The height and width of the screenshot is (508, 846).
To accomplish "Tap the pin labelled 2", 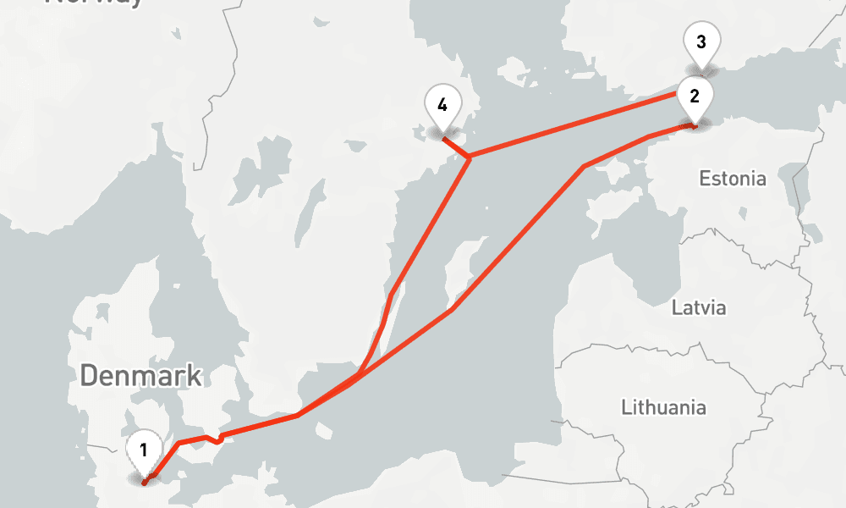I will tap(695, 96).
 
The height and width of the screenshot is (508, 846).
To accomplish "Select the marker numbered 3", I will tap(700, 41).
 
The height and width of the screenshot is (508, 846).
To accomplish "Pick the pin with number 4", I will tap(442, 105).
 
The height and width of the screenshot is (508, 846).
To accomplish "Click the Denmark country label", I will tap(141, 375).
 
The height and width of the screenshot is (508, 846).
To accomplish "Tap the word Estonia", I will tap(733, 179).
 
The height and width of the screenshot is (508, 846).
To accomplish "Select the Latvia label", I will tap(699, 306).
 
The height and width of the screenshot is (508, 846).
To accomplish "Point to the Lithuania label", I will tap(663, 407).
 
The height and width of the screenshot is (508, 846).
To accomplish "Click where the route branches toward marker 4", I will tap(469, 157).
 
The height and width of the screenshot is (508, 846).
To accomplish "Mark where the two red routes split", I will tap(355, 378).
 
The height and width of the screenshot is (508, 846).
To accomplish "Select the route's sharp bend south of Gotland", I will tap(453, 310).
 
